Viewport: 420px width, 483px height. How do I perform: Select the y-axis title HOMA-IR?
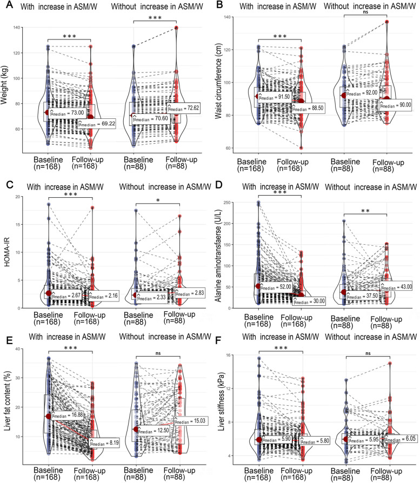(7, 251)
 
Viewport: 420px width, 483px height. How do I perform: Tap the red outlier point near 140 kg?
(176, 28)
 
